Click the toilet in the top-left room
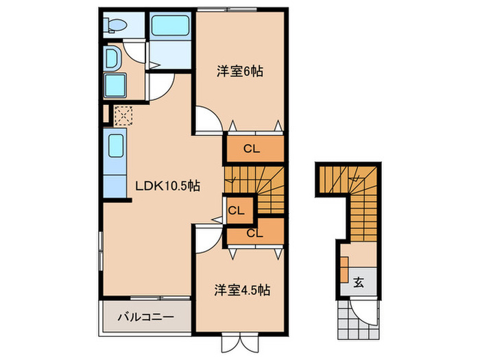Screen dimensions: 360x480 (x=116, y=26)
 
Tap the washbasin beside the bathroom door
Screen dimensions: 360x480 (x=112, y=58)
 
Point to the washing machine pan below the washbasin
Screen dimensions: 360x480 (x=114, y=86)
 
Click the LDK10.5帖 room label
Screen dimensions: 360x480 (x=167, y=185)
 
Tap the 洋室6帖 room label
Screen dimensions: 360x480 (x=240, y=71)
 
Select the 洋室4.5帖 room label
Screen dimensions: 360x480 (x=240, y=290)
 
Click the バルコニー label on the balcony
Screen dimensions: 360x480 (x=145, y=317)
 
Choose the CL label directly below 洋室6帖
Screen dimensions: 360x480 (x=253, y=148)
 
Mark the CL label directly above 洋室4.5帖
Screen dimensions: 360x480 (x=254, y=233)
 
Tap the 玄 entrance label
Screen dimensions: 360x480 (x=359, y=280)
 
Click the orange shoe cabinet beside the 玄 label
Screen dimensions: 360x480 (x=344, y=270)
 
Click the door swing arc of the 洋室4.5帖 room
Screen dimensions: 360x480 (x=207, y=238)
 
